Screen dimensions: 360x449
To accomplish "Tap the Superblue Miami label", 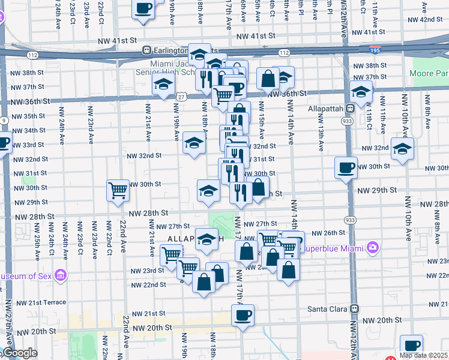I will [x=333, y=247].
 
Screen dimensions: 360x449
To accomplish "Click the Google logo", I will [x=19, y=353].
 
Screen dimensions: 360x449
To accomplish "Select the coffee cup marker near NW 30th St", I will [x=346, y=167].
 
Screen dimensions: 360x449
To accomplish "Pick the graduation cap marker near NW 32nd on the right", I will [x=402, y=148].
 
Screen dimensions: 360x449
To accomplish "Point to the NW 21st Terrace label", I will [x=41, y=302].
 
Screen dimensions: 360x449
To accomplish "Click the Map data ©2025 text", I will [x=423, y=355].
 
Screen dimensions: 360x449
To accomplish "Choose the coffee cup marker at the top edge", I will [x=143, y=8].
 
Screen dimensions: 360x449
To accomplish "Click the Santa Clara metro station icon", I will [x=355, y=308].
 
